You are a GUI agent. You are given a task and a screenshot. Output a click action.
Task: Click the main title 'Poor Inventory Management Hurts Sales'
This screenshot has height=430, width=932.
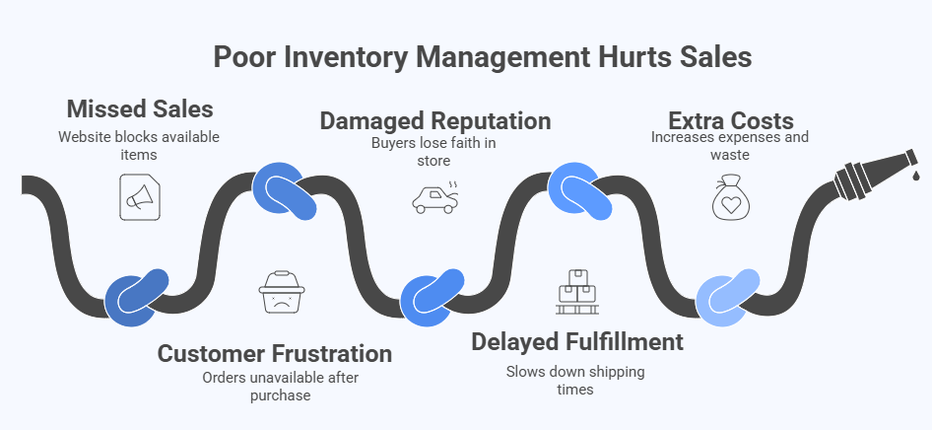pyautogui.click(x=482, y=56)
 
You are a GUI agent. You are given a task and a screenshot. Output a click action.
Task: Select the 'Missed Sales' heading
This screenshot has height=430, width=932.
pyautogui.click(x=139, y=108)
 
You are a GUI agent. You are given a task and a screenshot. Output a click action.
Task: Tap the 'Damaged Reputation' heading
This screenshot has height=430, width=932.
pyautogui.click(x=434, y=121)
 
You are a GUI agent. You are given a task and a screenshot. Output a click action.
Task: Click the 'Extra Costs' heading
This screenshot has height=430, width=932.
pyautogui.click(x=730, y=120)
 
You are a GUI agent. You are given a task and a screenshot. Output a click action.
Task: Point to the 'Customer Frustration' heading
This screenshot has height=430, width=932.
pyautogui.click(x=275, y=353)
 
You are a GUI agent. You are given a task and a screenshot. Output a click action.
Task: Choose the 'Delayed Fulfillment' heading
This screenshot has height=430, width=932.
pyautogui.click(x=576, y=341)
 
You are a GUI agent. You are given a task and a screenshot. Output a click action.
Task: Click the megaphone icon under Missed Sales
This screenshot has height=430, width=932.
pyautogui.click(x=137, y=196)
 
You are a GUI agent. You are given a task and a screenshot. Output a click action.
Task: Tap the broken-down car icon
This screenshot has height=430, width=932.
pyautogui.click(x=433, y=197)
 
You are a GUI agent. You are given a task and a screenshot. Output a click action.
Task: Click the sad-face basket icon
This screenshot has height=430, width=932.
pyautogui.click(x=282, y=292)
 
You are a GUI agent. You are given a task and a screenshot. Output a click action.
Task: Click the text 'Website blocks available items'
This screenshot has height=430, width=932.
pyautogui.click(x=138, y=145)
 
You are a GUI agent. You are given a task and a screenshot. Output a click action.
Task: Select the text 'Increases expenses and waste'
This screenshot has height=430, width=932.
pyautogui.click(x=730, y=146)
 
